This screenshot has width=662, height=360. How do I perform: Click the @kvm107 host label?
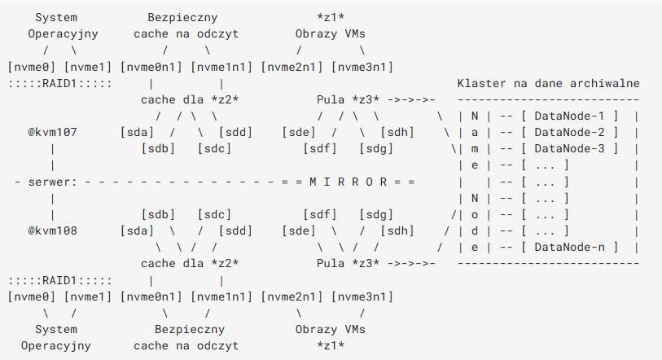pyautogui.click(x=52, y=133)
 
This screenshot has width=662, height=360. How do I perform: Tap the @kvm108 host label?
pyautogui.click(x=52, y=230)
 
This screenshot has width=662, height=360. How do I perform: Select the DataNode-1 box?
pyautogui.click(x=568, y=116)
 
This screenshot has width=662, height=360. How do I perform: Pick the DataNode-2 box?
pyautogui.click(x=568, y=133)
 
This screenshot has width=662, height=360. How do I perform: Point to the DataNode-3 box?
pyautogui.click(x=568, y=149)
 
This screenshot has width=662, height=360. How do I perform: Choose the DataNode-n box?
pyautogui.click(x=568, y=247)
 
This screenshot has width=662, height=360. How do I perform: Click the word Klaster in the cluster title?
pyautogui.click(x=481, y=84)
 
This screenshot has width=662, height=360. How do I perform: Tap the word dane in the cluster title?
pyautogui.click(x=548, y=84)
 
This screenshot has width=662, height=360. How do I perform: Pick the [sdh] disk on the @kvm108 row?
pyautogui.click(x=392, y=230)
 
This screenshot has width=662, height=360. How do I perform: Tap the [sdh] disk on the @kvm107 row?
pyautogui.click(x=392, y=133)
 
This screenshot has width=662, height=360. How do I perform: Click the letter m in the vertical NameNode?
pyautogui.click(x=475, y=149)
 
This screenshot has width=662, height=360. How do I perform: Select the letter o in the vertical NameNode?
pyautogui.click(x=475, y=214)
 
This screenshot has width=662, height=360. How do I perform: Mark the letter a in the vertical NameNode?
pyautogui.click(x=475, y=133)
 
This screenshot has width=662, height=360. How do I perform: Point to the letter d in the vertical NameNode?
pyautogui.click(x=475, y=230)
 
